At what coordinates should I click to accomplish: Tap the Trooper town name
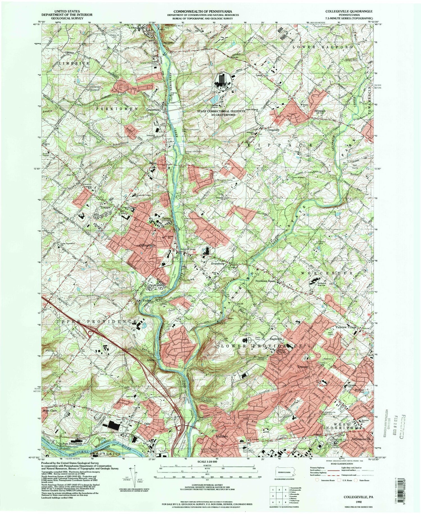tap(303, 367)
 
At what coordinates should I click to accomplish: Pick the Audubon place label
tap(221, 436)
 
